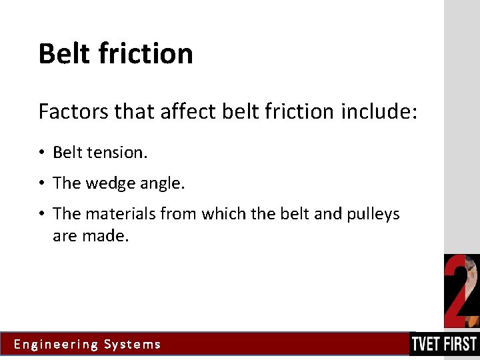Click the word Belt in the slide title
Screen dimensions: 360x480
pos(63,53)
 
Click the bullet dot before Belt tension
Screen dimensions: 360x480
pos(41,153)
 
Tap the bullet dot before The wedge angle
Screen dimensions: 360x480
pos(41,183)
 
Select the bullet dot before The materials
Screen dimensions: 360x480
pos(41,213)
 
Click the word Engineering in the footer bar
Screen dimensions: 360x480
pos(56,345)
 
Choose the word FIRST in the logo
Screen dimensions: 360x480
pos(461,345)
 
